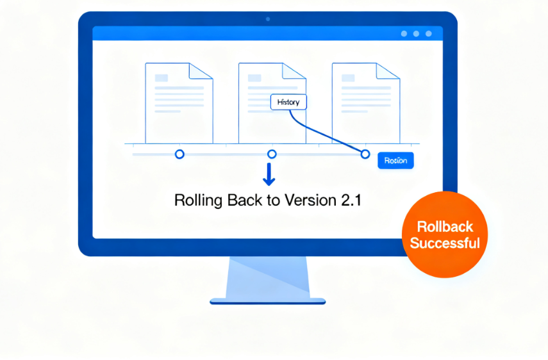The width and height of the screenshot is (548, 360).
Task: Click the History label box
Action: pos(288,102)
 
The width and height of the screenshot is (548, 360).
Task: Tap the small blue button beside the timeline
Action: pos(395,161)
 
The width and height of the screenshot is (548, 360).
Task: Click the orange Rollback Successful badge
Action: pos(445,234)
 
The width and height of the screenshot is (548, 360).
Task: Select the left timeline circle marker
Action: pos(179,154)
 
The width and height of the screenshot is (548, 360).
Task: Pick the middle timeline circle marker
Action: pos(272,154)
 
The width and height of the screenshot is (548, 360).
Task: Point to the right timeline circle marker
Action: pos(365,154)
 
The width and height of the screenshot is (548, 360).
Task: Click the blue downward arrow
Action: pos(269,174)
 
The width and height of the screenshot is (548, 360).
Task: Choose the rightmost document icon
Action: pos(365,102)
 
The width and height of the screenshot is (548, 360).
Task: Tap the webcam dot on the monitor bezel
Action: pos(268,19)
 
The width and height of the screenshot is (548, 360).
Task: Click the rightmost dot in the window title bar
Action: pos(429,33)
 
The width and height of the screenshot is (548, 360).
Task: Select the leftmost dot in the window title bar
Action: pos(404,33)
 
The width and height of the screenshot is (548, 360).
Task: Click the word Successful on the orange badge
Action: pos(445,243)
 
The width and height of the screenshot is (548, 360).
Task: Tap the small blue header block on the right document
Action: pos(348,78)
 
